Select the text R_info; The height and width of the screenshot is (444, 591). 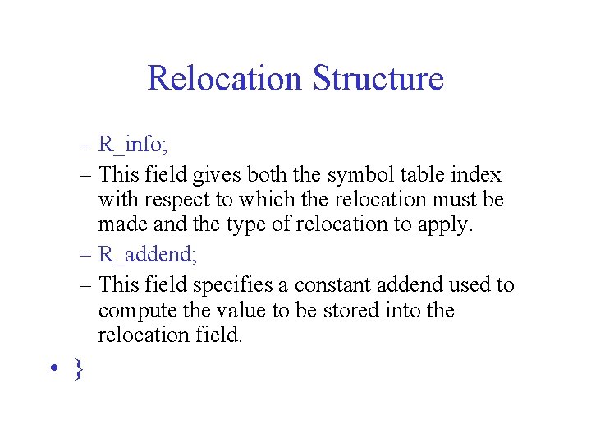click(133, 146)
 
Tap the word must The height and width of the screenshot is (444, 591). click(454, 200)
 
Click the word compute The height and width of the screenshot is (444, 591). click(135, 311)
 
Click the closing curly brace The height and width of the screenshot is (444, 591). click(78, 368)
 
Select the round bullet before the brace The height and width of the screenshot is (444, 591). click(53, 368)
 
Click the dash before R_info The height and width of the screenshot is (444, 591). click(87, 146)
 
